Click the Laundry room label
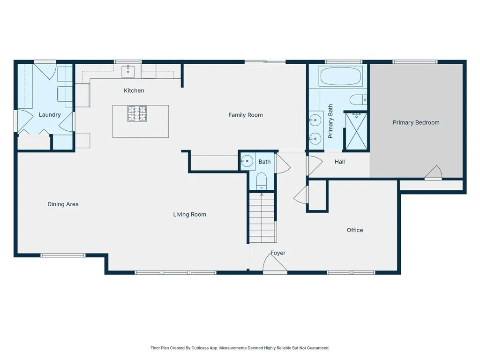pos(50,115)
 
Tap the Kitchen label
pos(134,90)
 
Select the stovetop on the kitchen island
pos(137,114)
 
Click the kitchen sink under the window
pos(128,71)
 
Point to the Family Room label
pos(245,115)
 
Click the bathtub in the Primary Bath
pos(341,76)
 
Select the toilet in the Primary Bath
pos(358,99)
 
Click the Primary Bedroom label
pos(416,122)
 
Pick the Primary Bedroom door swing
pos(434,173)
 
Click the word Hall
pos(340,162)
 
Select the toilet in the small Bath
pos(262,180)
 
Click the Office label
pos(355,230)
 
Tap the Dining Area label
pos(63,204)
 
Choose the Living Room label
pos(189,215)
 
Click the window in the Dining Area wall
pos(63,255)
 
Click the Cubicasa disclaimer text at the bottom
pos(240,348)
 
